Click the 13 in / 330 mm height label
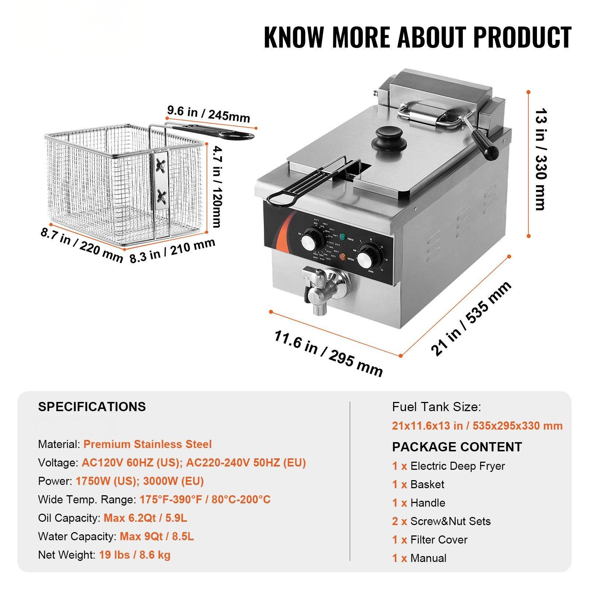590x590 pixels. point(540,159)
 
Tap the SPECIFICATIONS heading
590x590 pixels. point(92,406)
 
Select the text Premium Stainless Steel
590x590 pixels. point(147,444)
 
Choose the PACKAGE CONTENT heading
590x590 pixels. point(457,447)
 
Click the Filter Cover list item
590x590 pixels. point(438,539)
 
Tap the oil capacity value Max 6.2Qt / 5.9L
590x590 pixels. point(145,518)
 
